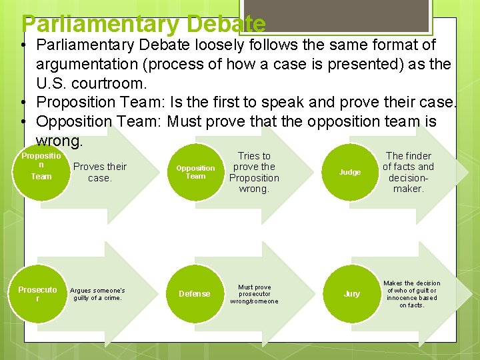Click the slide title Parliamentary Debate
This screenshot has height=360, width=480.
coord(143,24)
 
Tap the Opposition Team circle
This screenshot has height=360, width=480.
coord(195,172)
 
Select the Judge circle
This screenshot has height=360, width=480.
coord(350,172)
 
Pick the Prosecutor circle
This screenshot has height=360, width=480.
coord(38,293)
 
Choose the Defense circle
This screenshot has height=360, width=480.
coord(194,293)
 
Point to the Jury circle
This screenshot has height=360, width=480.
coord(351,293)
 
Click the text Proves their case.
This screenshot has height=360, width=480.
coord(99,172)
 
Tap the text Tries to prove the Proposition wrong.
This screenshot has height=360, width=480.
coord(254,172)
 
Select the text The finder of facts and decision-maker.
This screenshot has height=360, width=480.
coord(408,172)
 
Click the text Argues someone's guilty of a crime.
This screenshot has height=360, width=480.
coord(97,294)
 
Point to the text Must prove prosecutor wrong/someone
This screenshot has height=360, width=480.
coord(254,294)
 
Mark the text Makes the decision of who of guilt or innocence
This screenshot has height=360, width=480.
coord(412,294)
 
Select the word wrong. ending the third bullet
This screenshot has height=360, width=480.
coord(60,141)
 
